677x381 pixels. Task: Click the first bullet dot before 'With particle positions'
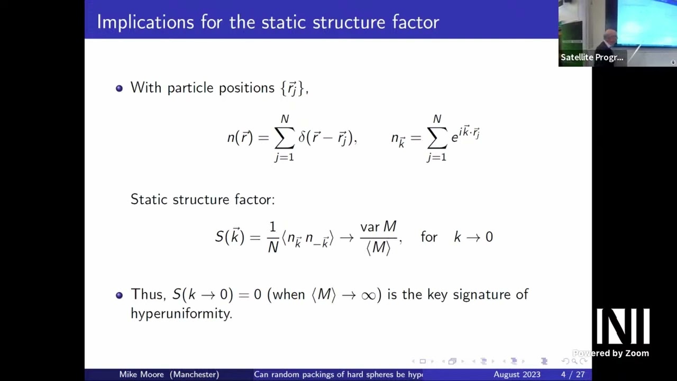pos(119,88)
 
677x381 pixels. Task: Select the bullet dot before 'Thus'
pos(119,295)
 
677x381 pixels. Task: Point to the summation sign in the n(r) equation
pos(285,138)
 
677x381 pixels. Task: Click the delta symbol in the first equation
pos(302,138)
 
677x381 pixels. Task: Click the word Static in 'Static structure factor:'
pos(148,199)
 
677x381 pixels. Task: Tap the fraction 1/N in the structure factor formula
pos(272,237)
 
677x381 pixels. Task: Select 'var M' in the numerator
pos(378,227)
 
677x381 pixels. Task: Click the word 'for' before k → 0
pos(429,237)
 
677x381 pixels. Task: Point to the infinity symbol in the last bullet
pos(368,295)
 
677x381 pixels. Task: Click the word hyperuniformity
pos(181,313)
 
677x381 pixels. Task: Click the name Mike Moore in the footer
pos(141,375)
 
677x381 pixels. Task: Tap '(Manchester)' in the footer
pos(194,375)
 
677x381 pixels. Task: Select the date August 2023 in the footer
pos(517,375)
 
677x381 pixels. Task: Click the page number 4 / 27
pos(573,375)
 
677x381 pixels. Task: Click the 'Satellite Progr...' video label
pos(592,57)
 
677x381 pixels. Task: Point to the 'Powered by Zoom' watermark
pos(611,353)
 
